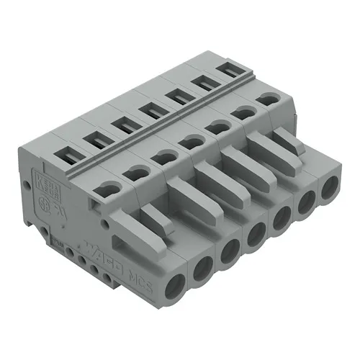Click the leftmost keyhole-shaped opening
(106, 189)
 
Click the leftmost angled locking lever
(154, 220)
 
